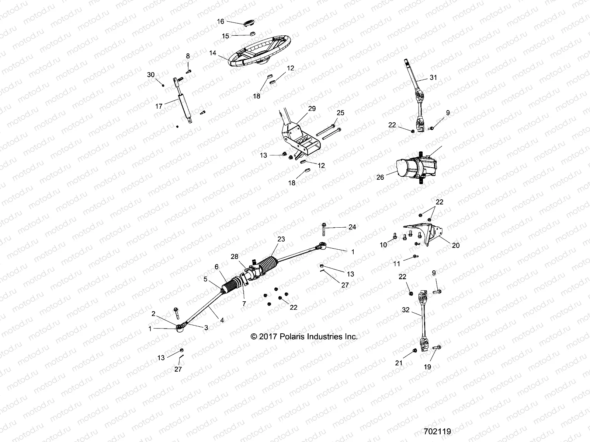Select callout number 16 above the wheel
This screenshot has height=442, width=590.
221,22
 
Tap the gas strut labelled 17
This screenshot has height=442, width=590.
184,103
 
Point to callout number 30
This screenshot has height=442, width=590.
151,74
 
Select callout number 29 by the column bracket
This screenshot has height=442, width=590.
312,109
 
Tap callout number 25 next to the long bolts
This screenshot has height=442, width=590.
340,113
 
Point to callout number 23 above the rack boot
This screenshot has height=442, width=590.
281,239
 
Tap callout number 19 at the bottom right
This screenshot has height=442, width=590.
428,367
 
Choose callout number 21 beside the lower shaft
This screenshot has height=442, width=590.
399,363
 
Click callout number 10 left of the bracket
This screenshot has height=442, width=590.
383,245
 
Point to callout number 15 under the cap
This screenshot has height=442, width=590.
225,36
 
